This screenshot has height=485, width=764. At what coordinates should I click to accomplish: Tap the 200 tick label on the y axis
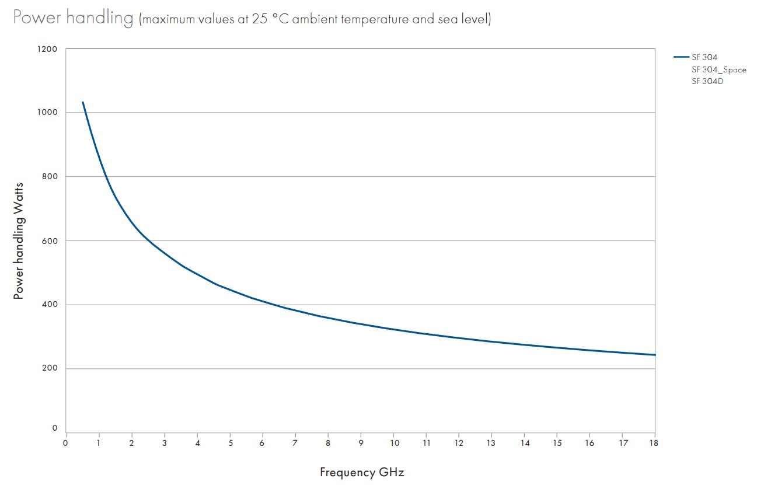point(50,368)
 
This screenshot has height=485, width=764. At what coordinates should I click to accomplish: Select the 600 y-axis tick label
point(50,240)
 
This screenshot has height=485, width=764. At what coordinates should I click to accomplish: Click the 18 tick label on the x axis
point(655,442)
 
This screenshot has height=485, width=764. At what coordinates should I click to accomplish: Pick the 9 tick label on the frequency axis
point(361,442)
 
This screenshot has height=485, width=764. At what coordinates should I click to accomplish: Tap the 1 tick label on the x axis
point(99,442)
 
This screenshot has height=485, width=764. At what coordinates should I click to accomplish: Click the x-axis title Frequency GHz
point(362,472)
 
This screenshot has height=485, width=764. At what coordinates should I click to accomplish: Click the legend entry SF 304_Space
point(718,69)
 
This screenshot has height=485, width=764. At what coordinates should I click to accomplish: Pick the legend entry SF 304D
point(707,81)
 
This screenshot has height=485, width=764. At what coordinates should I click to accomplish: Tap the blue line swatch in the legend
point(681,57)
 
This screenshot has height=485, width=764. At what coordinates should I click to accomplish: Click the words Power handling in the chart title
point(73,18)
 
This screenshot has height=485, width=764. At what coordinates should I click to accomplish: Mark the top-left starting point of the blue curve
point(83,102)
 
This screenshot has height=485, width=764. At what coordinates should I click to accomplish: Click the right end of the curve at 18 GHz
point(655,355)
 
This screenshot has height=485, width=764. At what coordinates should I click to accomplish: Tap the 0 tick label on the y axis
point(55,428)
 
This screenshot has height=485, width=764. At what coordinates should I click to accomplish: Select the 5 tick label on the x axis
point(230,442)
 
